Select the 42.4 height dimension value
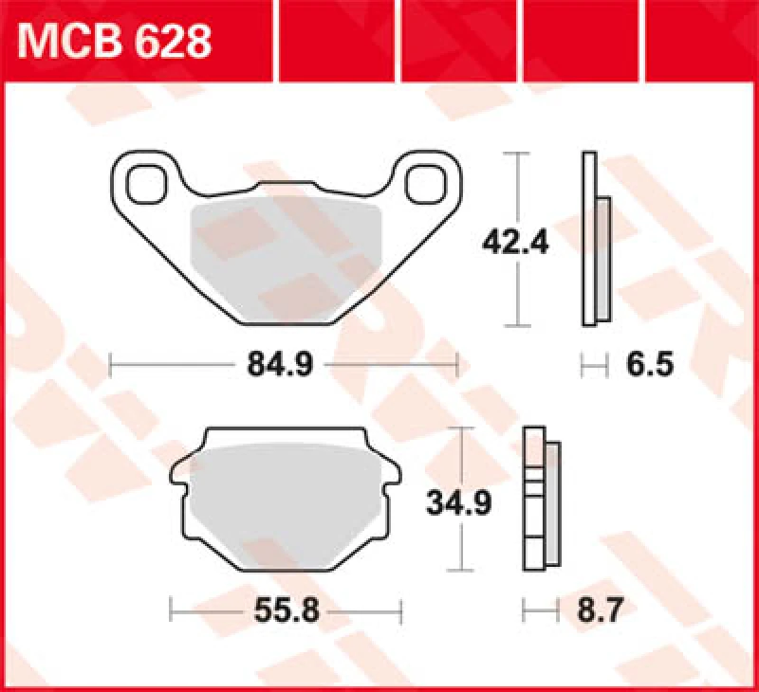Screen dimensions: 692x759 click(516, 244)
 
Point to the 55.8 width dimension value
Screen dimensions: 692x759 click(286, 610)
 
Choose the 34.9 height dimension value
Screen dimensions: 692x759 click(458, 503)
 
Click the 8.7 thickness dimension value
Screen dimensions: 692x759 click(600, 610)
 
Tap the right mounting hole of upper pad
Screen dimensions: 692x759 click(425, 183)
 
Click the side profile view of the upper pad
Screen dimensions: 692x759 click(594, 242)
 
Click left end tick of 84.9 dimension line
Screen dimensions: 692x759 click(111, 364)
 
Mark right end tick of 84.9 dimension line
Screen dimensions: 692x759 click(457, 364)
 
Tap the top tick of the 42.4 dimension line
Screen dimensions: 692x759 click(516, 152)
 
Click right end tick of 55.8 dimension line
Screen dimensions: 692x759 click(401, 610)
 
